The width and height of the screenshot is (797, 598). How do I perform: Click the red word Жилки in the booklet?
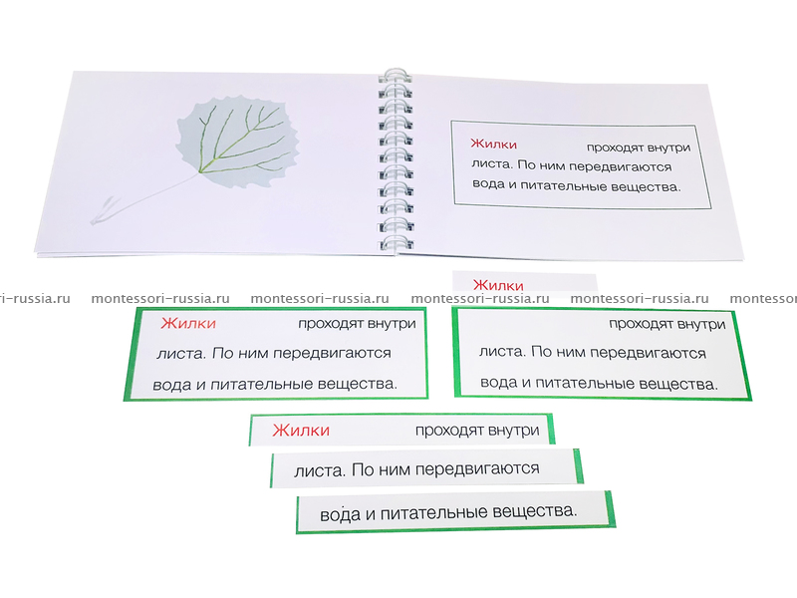pyautogui.click(x=493, y=144)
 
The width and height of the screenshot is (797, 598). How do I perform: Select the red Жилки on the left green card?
pyautogui.click(x=188, y=323)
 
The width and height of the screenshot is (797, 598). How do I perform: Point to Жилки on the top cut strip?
pyautogui.click(x=301, y=431)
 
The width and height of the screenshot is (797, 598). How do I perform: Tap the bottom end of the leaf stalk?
pyautogui.click(x=93, y=222)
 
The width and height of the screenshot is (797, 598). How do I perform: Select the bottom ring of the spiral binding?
pyautogui.click(x=397, y=242)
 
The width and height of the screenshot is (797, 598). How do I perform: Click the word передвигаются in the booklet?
pyautogui.click(x=621, y=166)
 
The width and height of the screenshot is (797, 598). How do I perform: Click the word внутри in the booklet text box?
pyautogui.click(x=668, y=148)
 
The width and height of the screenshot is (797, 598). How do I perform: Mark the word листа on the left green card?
pyautogui.click(x=181, y=353)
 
